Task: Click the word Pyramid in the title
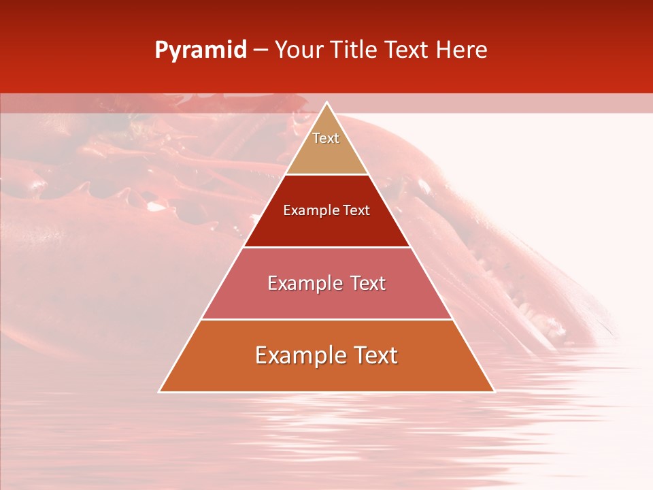200,50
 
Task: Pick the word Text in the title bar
407,50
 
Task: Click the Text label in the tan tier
326,138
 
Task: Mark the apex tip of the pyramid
326,103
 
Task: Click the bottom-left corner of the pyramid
160,391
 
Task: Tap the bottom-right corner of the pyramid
494,391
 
